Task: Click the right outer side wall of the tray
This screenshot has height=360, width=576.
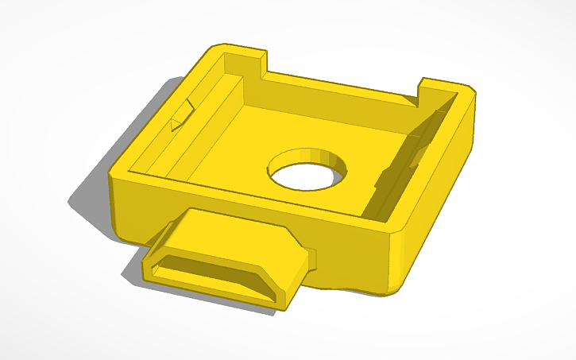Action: (445, 199)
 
